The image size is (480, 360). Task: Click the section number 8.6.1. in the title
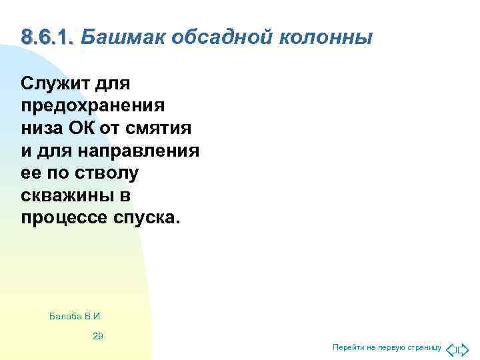coord(47,37)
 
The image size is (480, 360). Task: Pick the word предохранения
coord(93,105)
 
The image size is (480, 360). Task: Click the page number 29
coord(97,336)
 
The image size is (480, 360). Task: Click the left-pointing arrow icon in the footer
coord(451,348)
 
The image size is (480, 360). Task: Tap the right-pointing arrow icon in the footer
coord(464,348)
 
